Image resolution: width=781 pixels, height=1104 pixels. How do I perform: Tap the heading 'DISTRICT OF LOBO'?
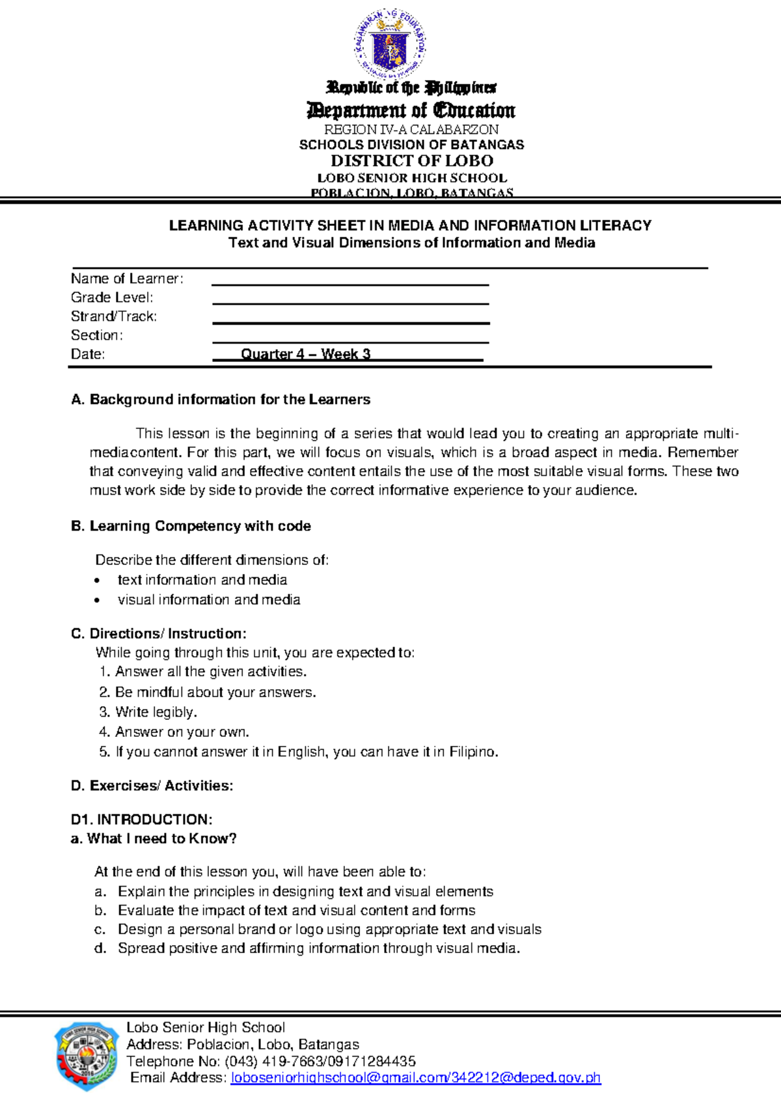(x=411, y=161)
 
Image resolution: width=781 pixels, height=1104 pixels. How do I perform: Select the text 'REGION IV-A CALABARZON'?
(x=411, y=129)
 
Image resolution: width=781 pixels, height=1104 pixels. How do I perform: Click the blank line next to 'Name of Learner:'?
(x=350, y=281)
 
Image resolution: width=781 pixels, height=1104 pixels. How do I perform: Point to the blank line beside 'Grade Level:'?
(x=350, y=300)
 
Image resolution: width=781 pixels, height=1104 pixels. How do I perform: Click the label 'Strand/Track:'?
(x=114, y=316)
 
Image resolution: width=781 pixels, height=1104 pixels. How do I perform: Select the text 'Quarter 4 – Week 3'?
(x=305, y=354)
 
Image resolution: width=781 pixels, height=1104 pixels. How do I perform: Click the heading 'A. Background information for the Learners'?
(x=221, y=400)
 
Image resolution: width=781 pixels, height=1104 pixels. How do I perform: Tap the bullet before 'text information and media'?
(x=98, y=581)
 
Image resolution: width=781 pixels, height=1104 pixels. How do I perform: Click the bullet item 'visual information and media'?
(x=208, y=600)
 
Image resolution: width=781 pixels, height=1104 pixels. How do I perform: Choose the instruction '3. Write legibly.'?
(x=148, y=712)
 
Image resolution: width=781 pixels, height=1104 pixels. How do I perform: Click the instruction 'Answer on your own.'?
(x=182, y=732)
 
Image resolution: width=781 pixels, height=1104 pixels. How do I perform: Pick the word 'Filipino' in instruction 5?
(x=473, y=752)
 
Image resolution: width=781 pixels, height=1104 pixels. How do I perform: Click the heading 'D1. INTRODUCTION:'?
(x=141, y=820)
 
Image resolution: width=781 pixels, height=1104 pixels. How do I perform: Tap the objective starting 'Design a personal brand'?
(x=329, y=930)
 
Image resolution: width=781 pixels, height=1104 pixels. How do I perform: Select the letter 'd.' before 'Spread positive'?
(x=100, y=948)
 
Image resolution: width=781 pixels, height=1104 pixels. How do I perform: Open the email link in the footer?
(x=415, y=1078)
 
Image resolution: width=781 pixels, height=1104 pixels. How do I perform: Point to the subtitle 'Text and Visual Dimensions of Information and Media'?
(x=411, y=243)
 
